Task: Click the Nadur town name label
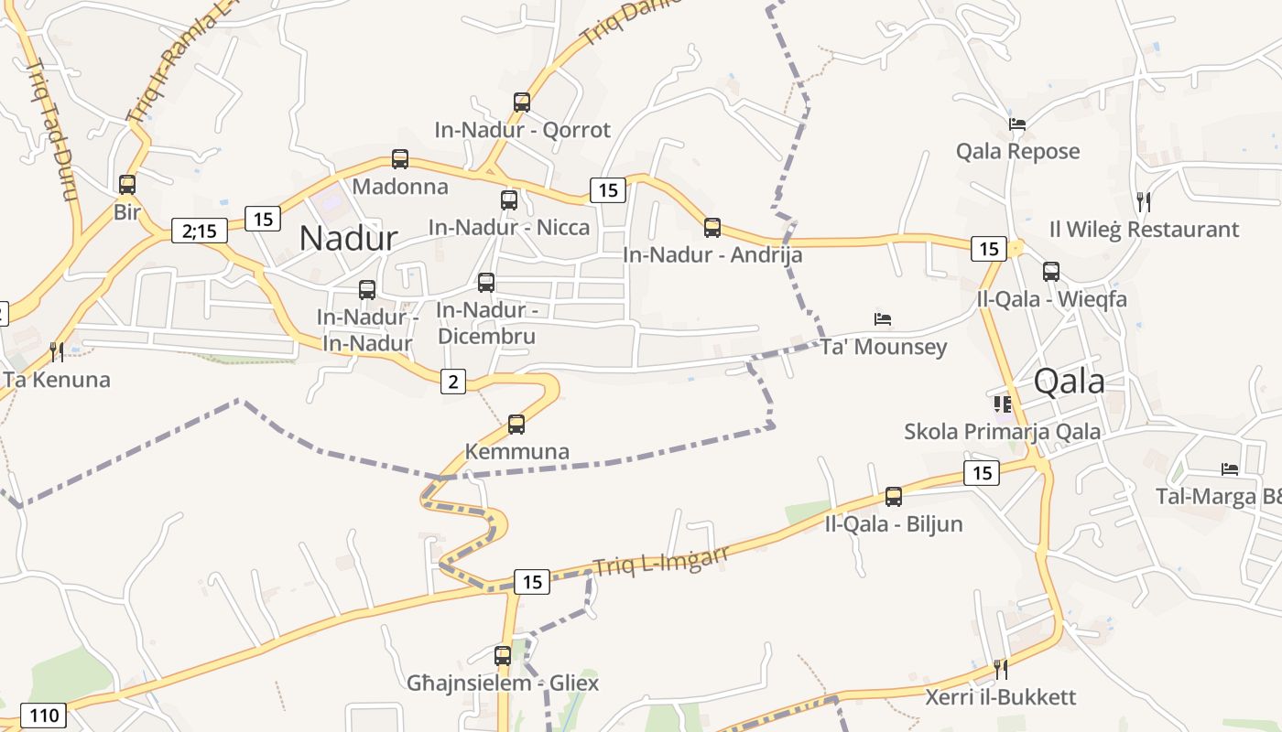point(348,238)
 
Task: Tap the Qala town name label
point(1069,382)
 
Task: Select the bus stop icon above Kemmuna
point(516,425)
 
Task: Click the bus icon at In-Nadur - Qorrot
point(522,102)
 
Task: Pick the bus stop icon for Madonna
point(400,159)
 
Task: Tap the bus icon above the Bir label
point(127,185)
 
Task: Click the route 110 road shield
point(42,716)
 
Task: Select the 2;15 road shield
point(199,231)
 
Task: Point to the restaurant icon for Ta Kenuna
point(56,351)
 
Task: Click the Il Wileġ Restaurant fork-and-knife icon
point(1143,201)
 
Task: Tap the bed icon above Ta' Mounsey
point(883,319)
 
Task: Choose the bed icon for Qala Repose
point(1016,124)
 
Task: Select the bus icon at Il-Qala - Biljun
point(894,497)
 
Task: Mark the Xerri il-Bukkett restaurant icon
point(1001,669)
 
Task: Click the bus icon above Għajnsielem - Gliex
point(503,656)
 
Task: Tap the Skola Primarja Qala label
point(1003,431)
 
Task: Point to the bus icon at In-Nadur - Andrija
point(712,228)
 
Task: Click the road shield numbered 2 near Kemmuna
point(453,381)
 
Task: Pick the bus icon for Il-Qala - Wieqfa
point(1051,272)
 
